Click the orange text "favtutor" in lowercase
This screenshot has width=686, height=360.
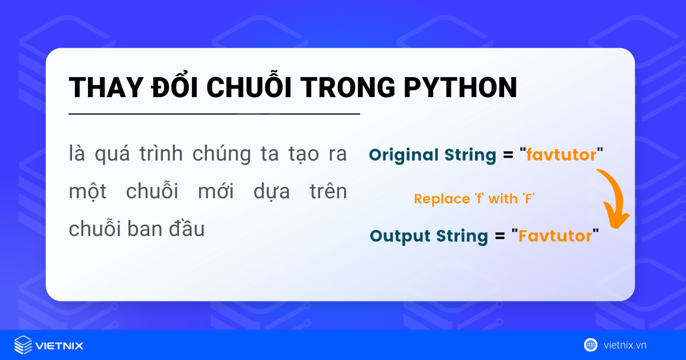[561, 155]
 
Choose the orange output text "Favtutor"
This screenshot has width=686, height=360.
[555, 235]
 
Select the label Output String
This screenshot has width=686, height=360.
[429, 235]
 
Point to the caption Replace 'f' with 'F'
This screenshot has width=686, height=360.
[474, 199]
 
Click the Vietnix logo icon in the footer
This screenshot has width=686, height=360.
[23, 345]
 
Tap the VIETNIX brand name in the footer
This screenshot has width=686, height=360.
[59, 346]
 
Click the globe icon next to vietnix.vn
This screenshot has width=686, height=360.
[591, 345]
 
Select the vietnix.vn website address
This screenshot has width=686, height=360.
[625, 345]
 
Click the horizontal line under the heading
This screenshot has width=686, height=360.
[214, 114]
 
